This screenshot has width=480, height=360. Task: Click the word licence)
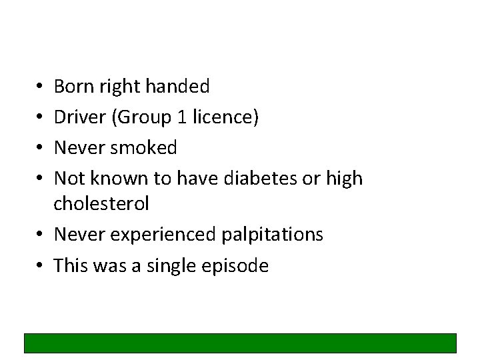[226, 117]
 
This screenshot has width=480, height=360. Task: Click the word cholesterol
[101, 204]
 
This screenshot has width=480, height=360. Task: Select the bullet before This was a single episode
[39, 267]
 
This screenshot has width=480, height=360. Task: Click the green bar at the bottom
[240, 343]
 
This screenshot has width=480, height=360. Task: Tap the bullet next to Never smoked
[39, 148]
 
